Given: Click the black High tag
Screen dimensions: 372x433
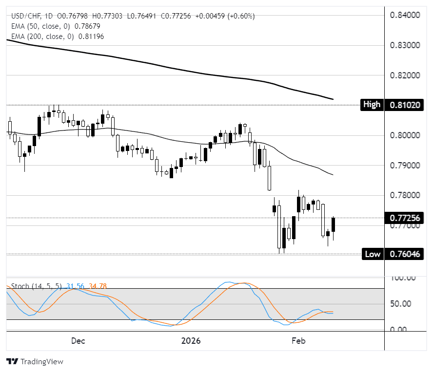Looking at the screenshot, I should (372, 105).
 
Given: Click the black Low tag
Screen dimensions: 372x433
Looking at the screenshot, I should (373, 254).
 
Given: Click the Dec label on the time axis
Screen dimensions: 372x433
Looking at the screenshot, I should (78, 341).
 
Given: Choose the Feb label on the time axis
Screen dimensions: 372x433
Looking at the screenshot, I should (298, 341).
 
